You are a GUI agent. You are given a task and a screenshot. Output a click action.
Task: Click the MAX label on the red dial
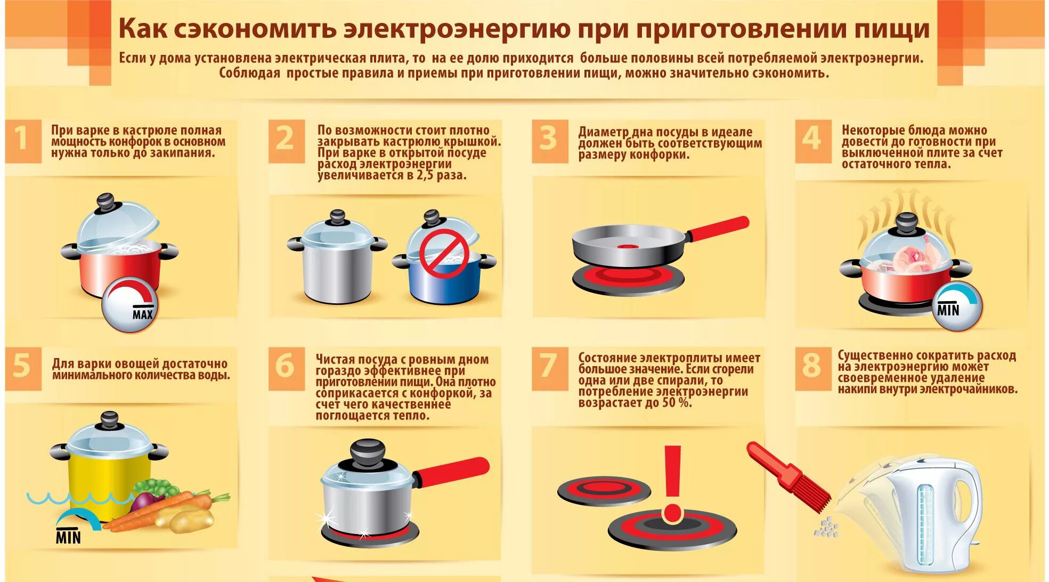coord(143,314)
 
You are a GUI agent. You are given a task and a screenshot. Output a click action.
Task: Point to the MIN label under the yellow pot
coord(68,536)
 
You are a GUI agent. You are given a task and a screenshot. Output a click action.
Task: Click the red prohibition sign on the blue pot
coord(443,254)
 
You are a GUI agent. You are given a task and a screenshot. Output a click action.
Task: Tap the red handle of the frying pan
coord(718,228)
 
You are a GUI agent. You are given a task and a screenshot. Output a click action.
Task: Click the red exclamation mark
coord(672,483)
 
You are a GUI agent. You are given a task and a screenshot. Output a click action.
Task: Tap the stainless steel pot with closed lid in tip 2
coord(337,258)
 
